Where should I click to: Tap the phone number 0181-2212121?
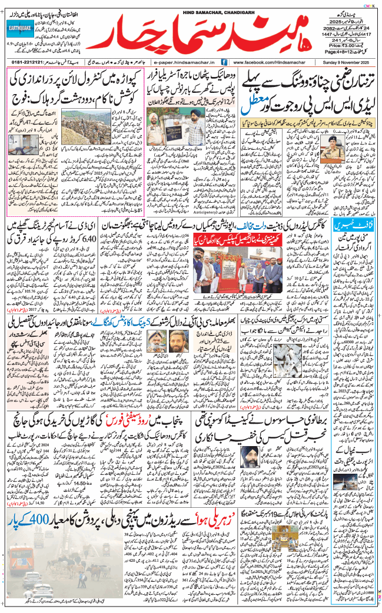coord(26,61)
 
